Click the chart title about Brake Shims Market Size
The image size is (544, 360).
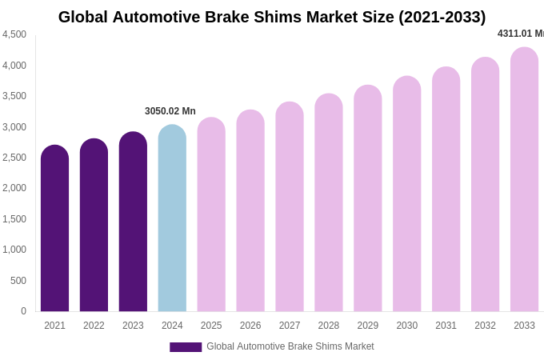272,17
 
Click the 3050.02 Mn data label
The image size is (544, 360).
170,111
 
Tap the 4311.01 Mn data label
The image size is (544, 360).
520,34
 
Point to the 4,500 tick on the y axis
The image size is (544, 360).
14,34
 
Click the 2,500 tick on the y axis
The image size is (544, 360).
14,158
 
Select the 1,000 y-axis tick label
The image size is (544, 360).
14,250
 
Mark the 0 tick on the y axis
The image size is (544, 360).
23,311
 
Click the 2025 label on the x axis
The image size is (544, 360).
211,326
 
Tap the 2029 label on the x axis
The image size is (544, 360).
368,326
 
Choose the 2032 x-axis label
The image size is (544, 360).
485,326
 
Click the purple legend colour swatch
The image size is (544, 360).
186,347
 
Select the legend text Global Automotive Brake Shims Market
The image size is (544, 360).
290,346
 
